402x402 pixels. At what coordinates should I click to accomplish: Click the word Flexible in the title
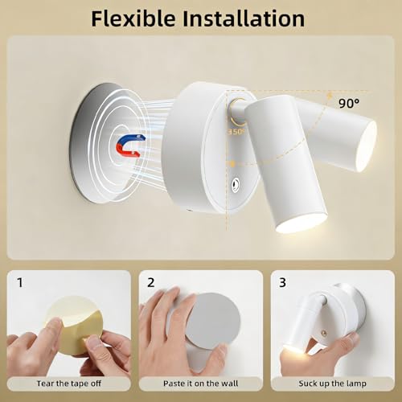133,18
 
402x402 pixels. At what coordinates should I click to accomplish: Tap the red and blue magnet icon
130,146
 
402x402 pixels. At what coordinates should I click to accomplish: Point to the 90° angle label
349,103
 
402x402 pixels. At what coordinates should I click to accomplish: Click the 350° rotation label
236,132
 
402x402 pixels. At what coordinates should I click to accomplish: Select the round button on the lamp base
236,185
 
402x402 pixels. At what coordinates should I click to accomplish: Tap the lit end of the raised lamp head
367,146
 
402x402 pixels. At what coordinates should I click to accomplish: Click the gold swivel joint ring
237,112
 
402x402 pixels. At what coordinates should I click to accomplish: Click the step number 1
20,282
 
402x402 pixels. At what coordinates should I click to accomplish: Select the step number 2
151,282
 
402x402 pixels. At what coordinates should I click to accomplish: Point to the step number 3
282,282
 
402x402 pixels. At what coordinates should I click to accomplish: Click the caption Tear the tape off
69,384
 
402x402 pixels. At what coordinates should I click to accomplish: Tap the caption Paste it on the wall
200,384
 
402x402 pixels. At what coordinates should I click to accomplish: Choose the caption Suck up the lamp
332,384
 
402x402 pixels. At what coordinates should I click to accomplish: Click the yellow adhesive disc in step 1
74,326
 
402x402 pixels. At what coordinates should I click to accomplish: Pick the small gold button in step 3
323,333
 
